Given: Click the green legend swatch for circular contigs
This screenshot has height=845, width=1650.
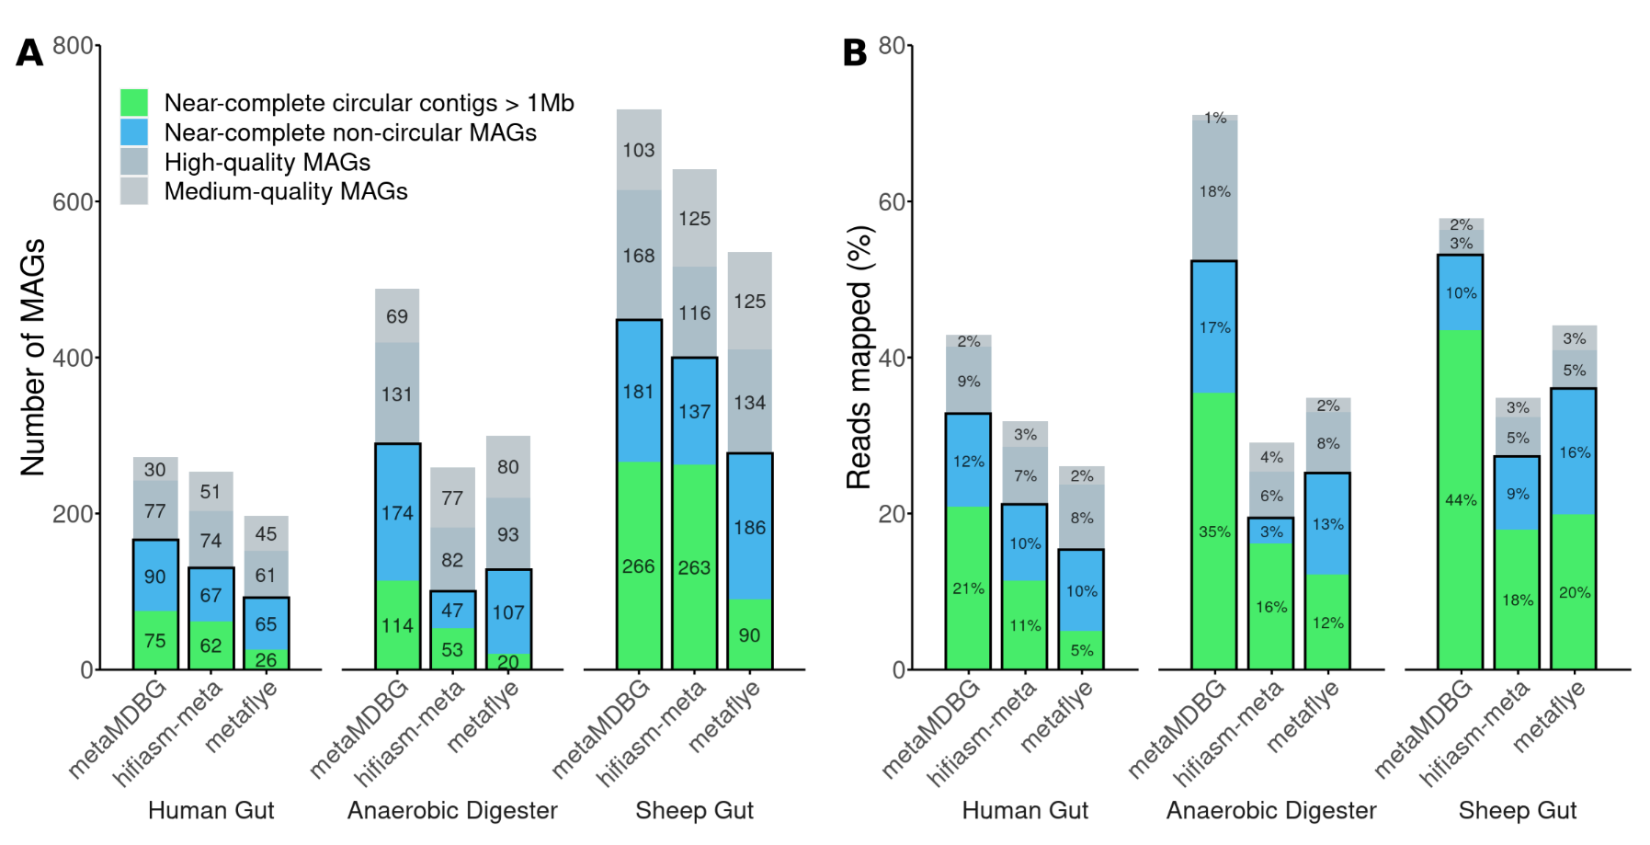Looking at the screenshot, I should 134,102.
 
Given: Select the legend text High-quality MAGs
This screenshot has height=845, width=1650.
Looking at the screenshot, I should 267,163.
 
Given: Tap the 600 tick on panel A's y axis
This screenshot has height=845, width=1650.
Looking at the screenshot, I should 73,202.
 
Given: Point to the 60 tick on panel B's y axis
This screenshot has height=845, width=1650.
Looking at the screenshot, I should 891,202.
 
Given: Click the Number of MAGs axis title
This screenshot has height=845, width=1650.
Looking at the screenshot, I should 33,357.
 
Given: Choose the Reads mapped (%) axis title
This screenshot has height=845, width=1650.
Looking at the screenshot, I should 859,357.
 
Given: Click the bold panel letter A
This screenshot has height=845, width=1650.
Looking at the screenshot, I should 29,53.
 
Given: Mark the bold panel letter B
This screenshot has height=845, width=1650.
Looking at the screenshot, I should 855,53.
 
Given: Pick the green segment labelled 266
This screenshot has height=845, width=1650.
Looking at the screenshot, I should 639,565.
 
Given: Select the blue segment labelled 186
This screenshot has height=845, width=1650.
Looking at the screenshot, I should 750,526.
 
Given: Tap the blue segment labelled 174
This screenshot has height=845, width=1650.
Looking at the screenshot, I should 397,512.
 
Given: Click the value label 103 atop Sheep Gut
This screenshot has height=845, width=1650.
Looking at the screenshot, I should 639,150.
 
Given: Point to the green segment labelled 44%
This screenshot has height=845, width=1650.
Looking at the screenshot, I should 1461,499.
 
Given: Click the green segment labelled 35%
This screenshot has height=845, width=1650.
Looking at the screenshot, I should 1214,531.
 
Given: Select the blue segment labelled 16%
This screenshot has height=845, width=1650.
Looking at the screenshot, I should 1574,451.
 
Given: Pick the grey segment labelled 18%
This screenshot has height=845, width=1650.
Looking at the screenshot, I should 1214,191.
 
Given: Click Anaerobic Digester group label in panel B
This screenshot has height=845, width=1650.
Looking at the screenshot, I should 1271,810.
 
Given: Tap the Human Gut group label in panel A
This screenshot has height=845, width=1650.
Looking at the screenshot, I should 211,810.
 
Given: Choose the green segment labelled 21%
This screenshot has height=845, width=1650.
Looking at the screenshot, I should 969,588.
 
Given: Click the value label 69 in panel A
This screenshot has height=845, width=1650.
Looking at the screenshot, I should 397,316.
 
